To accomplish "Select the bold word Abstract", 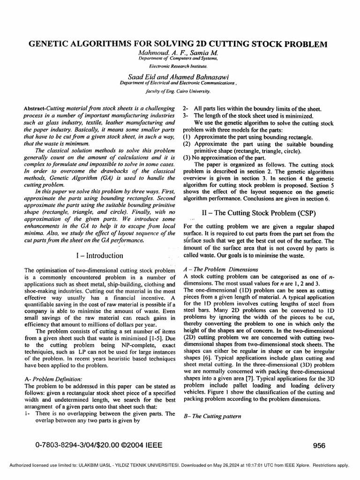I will tap(34, 108).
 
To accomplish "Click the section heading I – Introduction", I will tap(99, 255).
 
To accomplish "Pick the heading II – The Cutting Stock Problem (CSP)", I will tap(258, 212).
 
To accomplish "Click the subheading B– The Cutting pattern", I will tap(210, 416).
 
